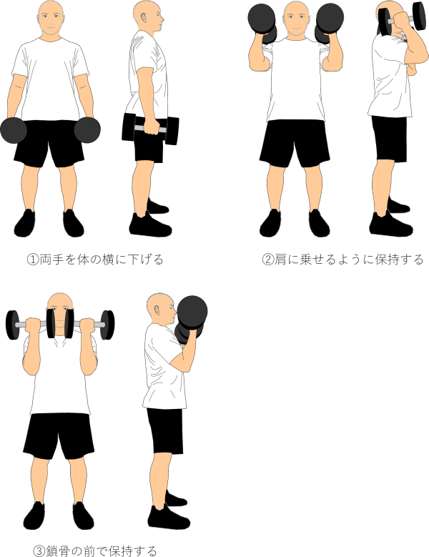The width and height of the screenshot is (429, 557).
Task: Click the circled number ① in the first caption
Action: pos(33,260)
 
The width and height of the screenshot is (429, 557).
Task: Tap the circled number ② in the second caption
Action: pos(268,260)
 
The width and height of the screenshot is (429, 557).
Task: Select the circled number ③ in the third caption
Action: pos(39,551)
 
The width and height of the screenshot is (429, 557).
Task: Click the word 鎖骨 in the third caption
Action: pos(57,551)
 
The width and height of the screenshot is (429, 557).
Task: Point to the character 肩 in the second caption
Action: pos(280,260)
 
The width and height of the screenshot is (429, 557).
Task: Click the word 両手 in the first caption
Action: pos(51,260)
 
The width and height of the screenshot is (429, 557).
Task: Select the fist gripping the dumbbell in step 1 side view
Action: pos(152,127)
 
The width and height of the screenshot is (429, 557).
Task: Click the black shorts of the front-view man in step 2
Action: pos(295,143)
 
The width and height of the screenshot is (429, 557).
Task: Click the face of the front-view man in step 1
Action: pos(51,19)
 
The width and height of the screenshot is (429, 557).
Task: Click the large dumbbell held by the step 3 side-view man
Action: pos(191,319)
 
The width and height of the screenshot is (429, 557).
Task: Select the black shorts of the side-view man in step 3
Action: pos(165,430)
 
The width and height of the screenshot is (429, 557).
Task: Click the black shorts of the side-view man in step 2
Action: pos(390,139)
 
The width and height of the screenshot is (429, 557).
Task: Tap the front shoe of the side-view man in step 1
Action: pos(150,225)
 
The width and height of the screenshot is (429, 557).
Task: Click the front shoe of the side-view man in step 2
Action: pos(390,224)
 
